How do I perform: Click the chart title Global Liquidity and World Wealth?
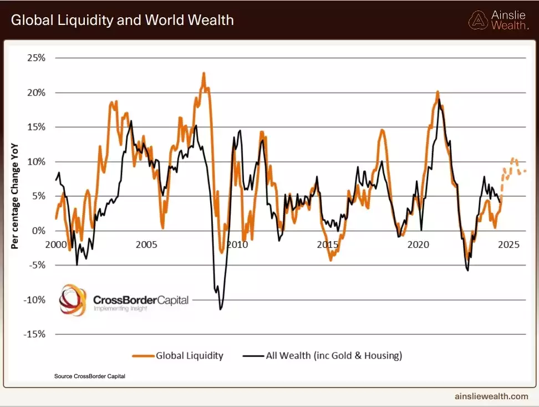pyautogui.click(x=122, y=21)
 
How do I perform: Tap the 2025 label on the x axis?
pyautogui.click(x=509, y=245)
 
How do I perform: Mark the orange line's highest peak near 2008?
pyautogui.click(x=204, y=73)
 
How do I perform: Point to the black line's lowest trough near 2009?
pyautogui.click(x=220, y=308)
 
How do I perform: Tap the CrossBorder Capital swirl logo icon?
pyautogui.click(x=73, y=300)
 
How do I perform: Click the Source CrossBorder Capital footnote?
pyautogui.click(x=89, y=376)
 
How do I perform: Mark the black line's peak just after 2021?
pyautogui.click(x=439, y=100)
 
